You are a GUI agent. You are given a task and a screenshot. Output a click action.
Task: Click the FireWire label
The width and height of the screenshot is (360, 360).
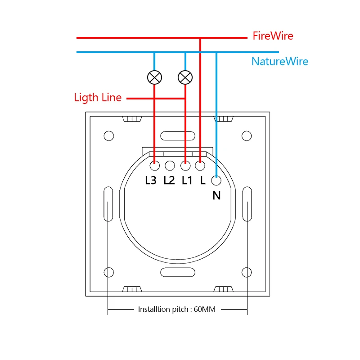coord(273,36)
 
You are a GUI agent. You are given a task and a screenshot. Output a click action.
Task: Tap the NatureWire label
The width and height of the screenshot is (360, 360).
coord(280,62)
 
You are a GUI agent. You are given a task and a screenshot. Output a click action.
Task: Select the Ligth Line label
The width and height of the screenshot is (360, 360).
coord(98,98)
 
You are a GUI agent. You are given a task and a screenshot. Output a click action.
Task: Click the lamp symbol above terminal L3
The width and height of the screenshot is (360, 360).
coord(154,77)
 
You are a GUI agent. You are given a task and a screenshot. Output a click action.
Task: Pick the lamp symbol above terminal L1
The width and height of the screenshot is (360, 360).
coord(185,77)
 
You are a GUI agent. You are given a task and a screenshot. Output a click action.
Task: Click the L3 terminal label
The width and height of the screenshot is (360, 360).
coord(151,180)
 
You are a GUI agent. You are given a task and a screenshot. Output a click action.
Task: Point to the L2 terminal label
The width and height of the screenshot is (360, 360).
coord(169,180)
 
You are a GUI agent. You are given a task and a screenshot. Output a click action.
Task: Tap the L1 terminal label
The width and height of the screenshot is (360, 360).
coord(187,180)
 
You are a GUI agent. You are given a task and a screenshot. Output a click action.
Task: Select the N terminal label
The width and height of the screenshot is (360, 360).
coord(216,195)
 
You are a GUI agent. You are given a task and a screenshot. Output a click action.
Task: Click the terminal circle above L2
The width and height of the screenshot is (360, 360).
coord(170,166)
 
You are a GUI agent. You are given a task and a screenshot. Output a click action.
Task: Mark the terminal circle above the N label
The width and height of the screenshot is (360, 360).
coord(216,181)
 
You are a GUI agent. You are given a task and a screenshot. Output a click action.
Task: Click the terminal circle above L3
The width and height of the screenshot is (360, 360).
coord(154,166)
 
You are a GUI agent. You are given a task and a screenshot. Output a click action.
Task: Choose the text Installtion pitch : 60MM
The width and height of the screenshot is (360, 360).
coord(177,310)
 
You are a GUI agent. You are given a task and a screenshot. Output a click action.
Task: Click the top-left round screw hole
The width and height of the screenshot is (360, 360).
coord(108,135)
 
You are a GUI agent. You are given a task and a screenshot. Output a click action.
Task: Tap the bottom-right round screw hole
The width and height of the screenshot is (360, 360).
coord(246,272)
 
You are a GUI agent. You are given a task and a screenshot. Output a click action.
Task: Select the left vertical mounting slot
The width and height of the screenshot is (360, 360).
coord(108,204)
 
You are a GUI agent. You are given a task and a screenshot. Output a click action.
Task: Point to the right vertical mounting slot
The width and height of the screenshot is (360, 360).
coord(247,204)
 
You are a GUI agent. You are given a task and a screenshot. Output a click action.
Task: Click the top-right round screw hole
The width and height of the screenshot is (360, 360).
coord(246,135)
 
